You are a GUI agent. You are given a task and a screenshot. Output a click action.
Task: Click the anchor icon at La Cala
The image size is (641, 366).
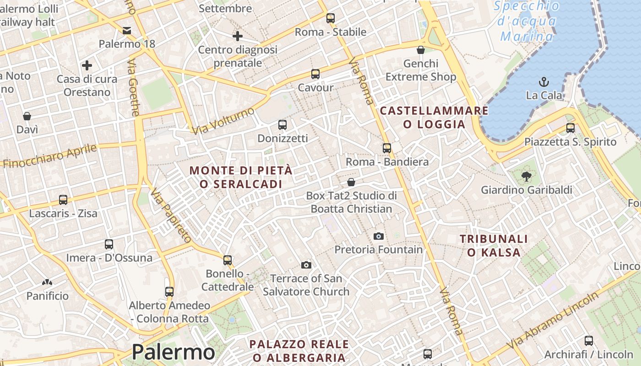tap(544, 82)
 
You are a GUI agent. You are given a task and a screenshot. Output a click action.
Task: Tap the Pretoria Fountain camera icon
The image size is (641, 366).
tap(378, 236)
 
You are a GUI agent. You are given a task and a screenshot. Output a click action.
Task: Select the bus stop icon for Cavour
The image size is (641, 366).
tap(315, 74)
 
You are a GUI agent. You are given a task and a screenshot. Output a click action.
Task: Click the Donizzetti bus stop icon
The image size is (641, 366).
tap(282, 124)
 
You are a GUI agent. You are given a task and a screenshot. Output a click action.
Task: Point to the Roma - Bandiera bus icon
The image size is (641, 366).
tap(387, 148)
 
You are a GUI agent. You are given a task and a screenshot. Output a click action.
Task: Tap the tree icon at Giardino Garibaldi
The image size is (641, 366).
tap(527, 176)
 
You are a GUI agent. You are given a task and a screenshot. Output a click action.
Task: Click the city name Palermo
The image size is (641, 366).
tap(173, 352)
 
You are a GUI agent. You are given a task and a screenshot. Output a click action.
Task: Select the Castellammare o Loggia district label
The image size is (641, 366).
tap(434, 117)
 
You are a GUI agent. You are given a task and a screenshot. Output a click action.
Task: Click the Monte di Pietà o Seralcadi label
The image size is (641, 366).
tap(241, 177)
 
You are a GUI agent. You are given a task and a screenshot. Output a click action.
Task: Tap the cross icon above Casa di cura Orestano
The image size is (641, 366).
tap(87, 65)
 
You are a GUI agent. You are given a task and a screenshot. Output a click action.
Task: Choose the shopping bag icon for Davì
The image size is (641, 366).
tap(27, 116)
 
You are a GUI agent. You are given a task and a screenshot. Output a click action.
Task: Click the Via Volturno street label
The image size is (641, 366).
tap(223, 121)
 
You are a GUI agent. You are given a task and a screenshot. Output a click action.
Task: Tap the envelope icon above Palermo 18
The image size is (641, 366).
tap(127, 31)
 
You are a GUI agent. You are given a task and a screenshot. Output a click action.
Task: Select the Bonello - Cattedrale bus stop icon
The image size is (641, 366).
tap(228, 260)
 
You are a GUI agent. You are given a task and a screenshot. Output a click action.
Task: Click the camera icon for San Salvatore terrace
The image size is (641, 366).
tap(306, 265)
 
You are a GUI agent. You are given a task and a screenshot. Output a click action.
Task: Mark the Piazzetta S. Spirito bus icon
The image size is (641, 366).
tap(570, 128)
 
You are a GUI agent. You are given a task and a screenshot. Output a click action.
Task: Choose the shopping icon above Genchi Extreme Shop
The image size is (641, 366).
tap(421, 50)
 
